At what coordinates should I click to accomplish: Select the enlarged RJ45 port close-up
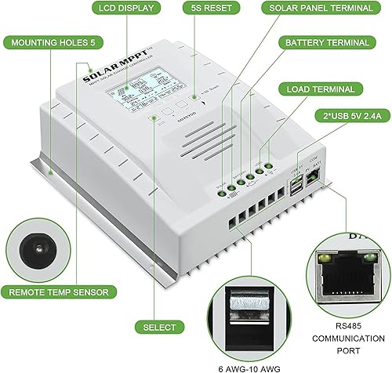click(x=344, y=279)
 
